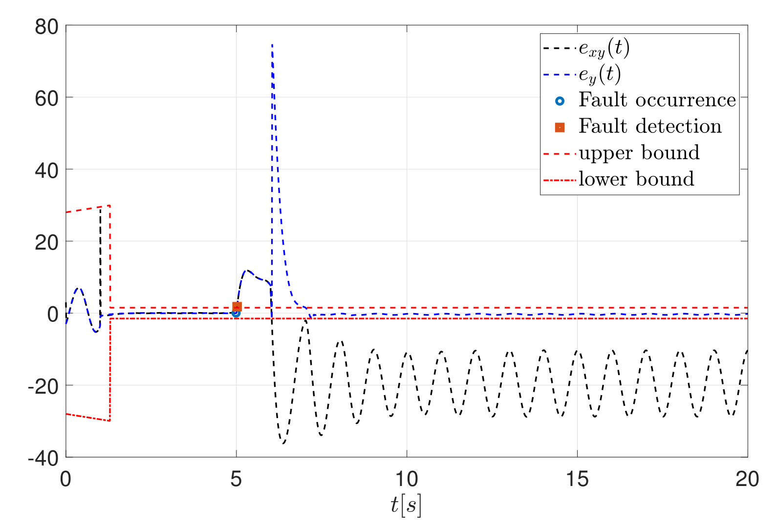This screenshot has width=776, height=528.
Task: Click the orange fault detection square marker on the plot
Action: (x=237, y=307)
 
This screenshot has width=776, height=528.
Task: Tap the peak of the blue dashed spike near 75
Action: (x=272, y=44)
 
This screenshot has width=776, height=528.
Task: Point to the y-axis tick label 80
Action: (x=46, y=27)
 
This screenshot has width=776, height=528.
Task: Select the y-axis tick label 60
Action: (x=46, y=98)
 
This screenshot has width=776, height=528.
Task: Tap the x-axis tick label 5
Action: (x=237, y=479)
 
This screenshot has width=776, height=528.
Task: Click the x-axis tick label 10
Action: (x=407, y=479)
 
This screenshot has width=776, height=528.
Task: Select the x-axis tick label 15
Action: (x=577, y=479)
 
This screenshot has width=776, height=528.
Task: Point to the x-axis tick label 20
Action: (x=747, y=479)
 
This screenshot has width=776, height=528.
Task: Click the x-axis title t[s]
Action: (x=406, y=506)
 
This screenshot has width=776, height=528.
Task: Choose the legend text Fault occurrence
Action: (x=657, y=100)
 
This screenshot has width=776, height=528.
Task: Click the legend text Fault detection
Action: (x=650, y=127)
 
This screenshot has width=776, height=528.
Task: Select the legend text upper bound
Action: (x=639, y=153)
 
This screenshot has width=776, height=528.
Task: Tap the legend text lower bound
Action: (x=636, y=179)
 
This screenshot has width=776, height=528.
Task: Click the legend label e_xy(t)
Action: (x=604, y=48)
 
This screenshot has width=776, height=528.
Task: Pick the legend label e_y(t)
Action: (x=600, y=75)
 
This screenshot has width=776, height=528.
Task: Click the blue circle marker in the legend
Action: (x=560, y=101)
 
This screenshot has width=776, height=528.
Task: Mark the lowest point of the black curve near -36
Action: (x=283, y=443)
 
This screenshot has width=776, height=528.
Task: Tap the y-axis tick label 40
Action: (x=46, y=170)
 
